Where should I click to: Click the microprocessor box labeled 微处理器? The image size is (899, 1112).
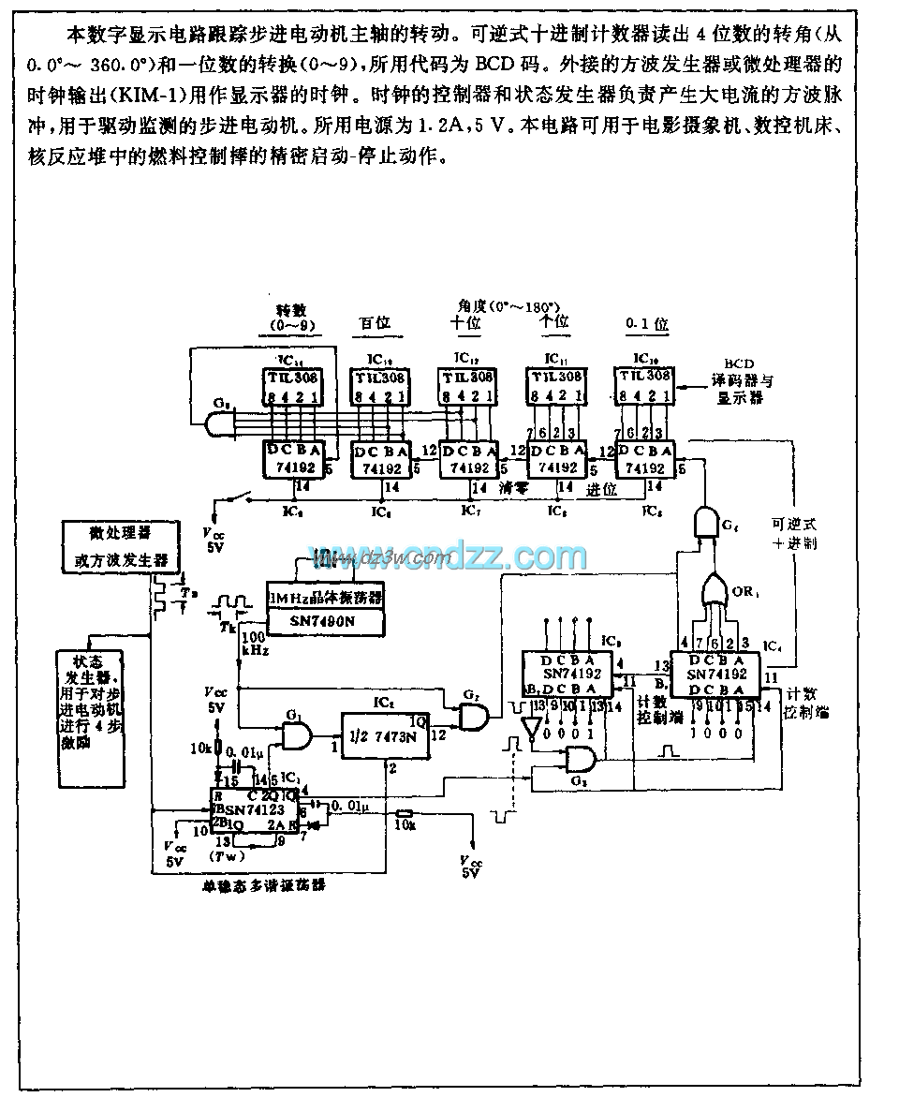tap(121, 545)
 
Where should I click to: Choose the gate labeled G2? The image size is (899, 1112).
tap(474, 717)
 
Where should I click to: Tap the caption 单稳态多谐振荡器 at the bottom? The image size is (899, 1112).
tap(265, 883)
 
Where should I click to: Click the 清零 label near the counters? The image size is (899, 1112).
tap(514, 488)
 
